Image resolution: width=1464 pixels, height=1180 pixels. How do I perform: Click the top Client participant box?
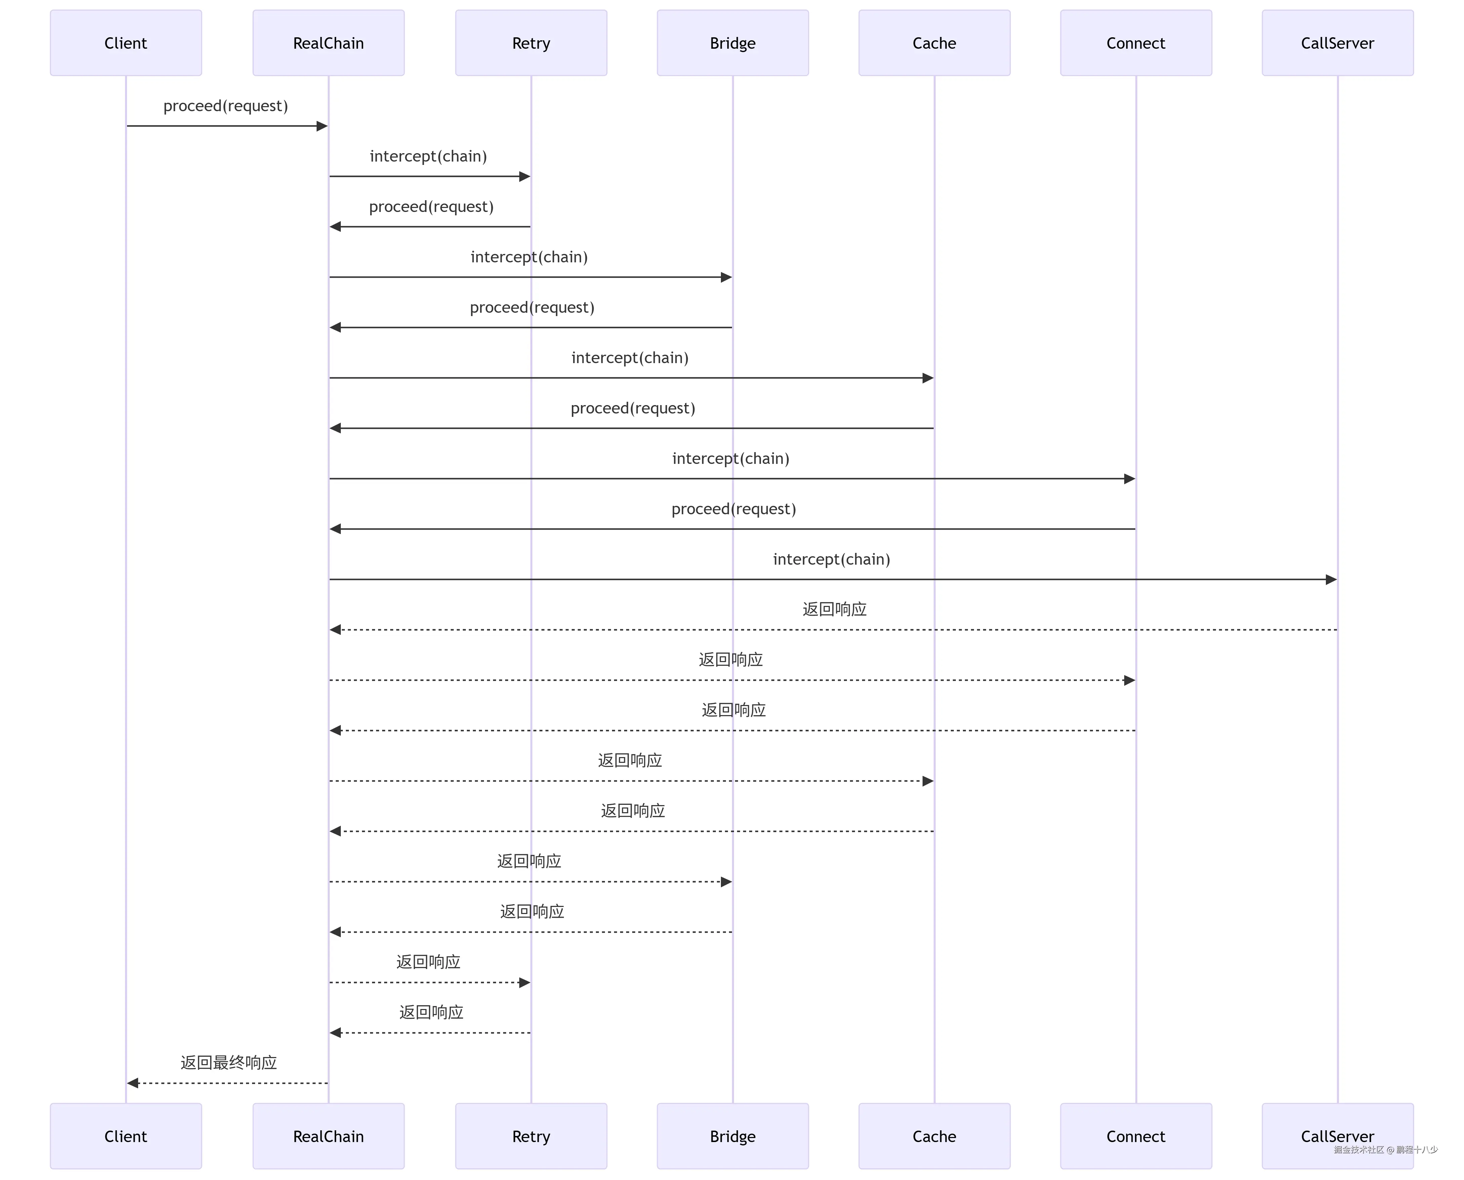(x=126, y=43)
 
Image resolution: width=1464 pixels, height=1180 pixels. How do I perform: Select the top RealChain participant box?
(x=328, y=43)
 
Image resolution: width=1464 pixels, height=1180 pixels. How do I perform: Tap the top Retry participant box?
(x=531, y=43)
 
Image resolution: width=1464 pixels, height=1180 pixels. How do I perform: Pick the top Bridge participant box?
(x=732, y=43)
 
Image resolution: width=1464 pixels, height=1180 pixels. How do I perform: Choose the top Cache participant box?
(x=934, y=43)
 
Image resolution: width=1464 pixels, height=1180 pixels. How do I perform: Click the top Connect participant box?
(x=1136, y=43)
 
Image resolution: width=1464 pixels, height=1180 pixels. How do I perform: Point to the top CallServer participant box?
(x=1338, y=43)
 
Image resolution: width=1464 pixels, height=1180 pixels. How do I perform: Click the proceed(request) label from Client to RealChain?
(x=226, y=106)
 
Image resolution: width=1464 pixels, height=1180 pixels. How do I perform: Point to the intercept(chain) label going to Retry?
(x=429, y=156)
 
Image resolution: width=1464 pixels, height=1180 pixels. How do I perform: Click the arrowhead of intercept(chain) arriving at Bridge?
(x=726, y=277)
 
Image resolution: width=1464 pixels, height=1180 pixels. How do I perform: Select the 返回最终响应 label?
(x=229, y=1062)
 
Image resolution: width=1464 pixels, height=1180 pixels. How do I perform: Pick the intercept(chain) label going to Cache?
(x=630, y=357)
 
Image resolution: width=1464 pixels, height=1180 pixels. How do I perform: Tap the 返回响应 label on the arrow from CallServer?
(x=834, y=609)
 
